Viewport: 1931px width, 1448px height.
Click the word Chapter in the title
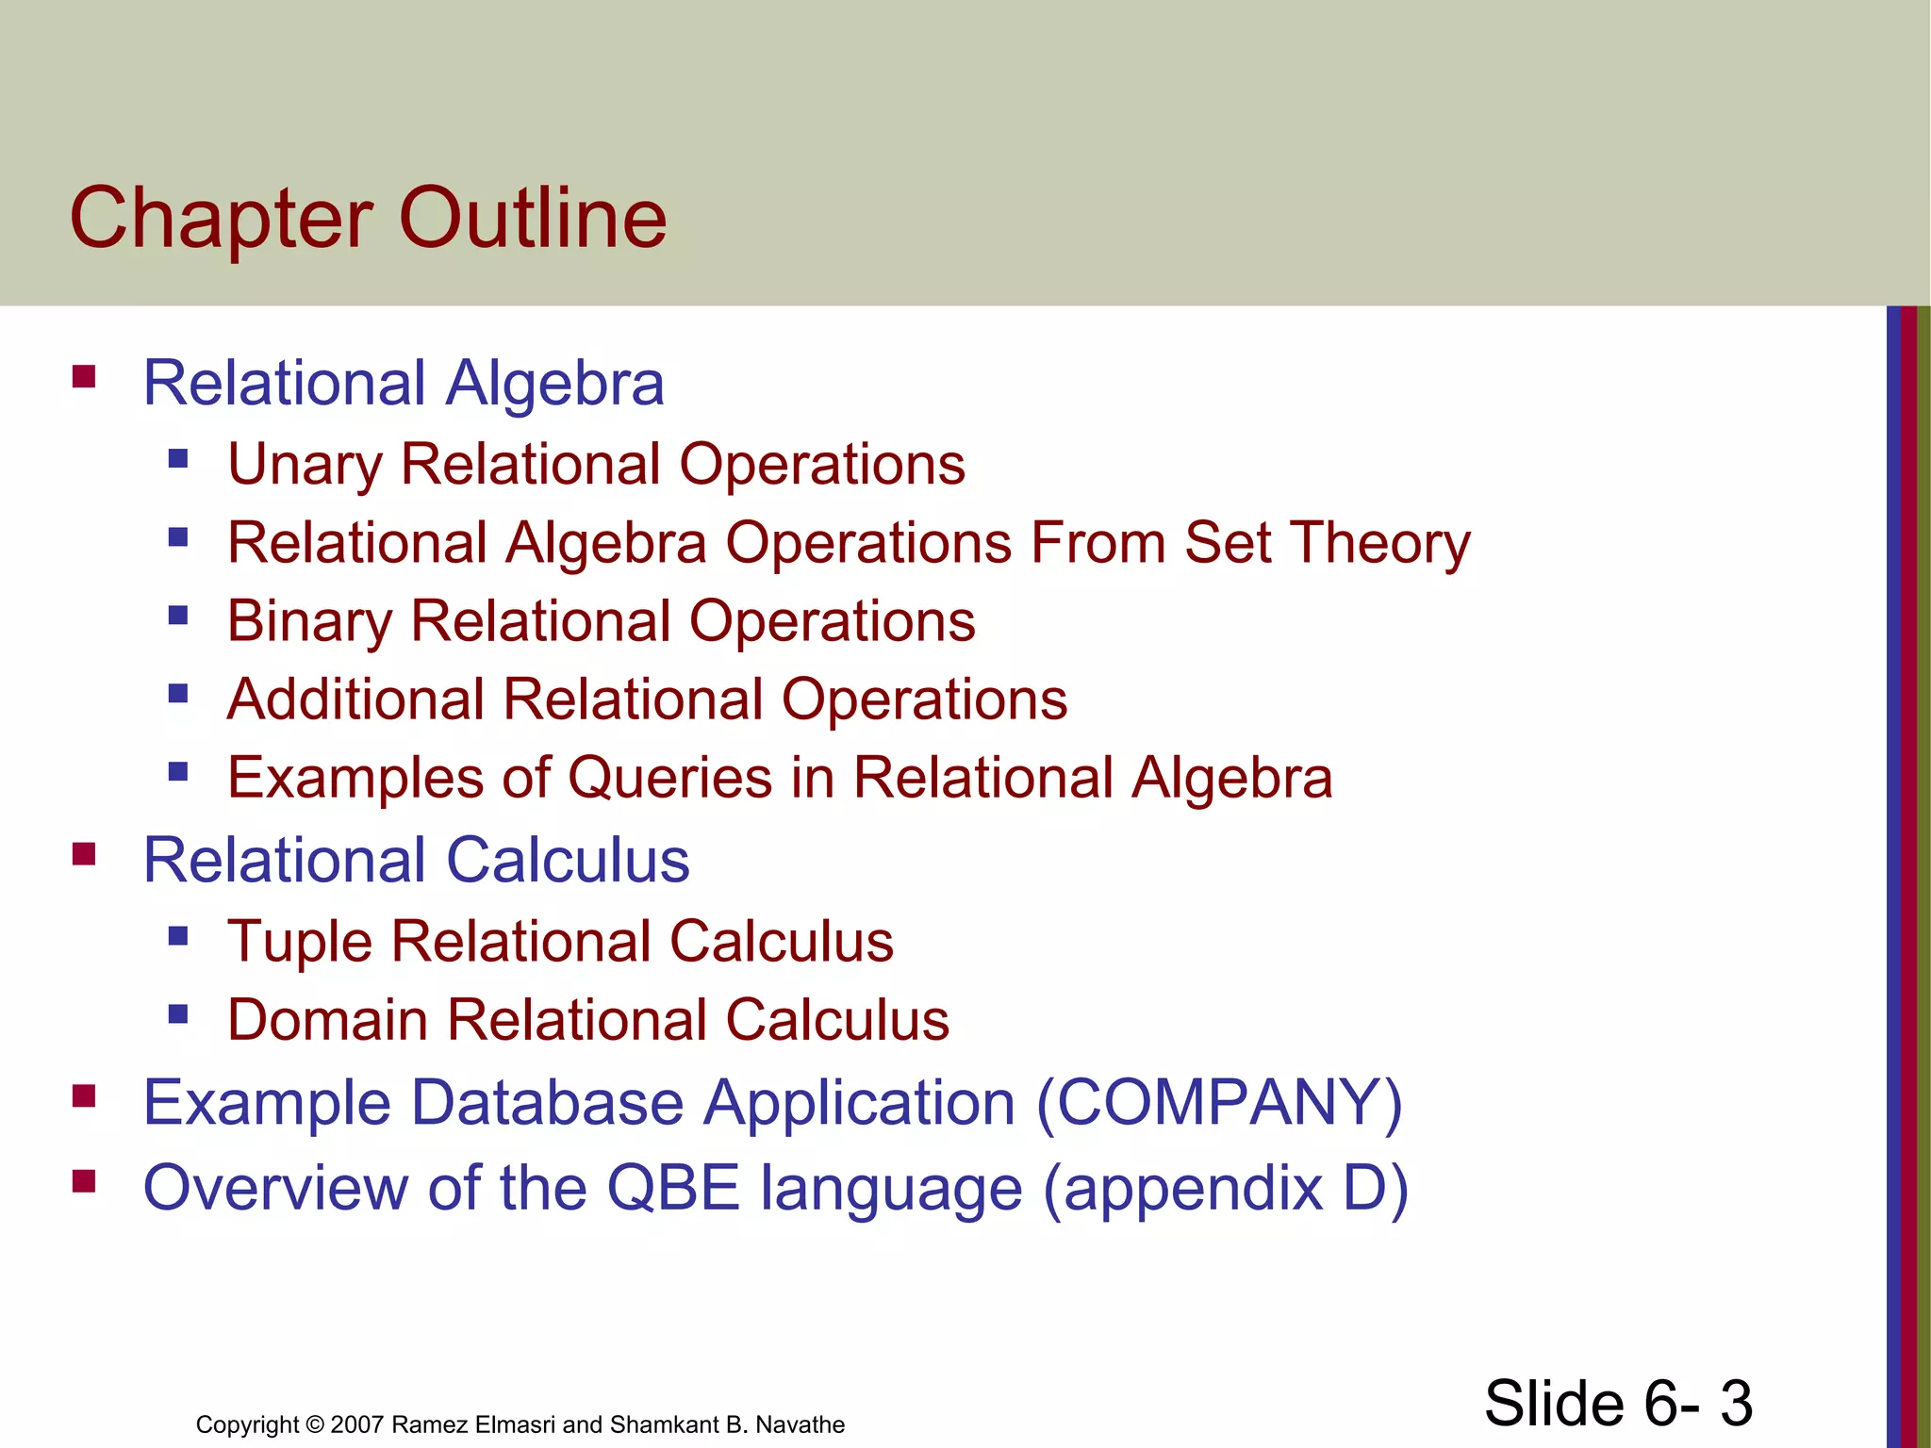(221, 219)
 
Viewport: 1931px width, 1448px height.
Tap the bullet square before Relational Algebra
(84, 378)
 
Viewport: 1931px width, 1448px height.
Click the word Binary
(309, 622)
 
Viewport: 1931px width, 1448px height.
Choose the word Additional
(355, 699)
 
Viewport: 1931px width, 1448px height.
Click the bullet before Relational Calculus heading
(84, 855)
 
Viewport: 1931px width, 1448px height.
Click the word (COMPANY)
(1219, 1102)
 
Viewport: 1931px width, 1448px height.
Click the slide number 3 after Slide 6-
(1736, 1403)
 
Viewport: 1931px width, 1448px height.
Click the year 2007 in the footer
(356, 1424)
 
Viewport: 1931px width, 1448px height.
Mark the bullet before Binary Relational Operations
(178, 617)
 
